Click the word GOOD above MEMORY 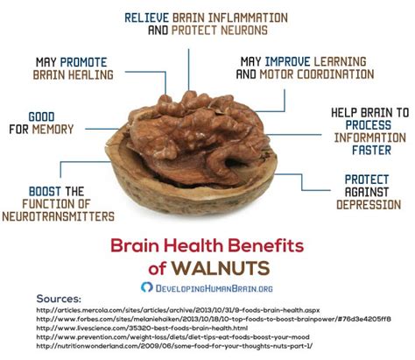(41, 116)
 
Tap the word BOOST (42, 190)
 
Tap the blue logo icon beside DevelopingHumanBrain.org (147, 286)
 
